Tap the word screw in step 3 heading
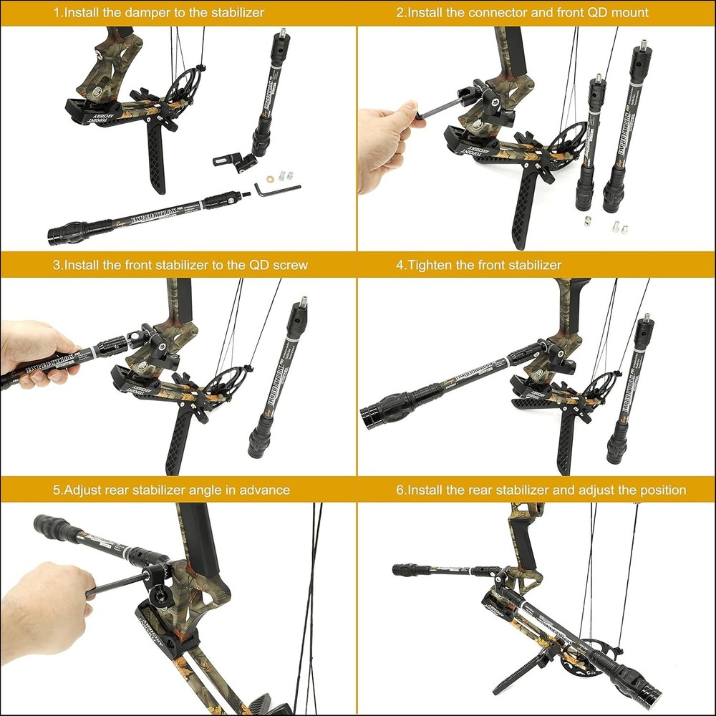(291, 265)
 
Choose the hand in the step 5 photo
(47, 601)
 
